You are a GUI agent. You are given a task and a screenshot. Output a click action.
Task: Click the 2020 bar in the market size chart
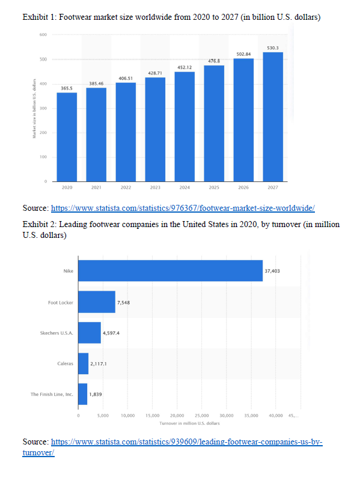coord(67,136)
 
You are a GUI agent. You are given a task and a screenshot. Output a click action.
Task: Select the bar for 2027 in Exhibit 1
coord(273,117)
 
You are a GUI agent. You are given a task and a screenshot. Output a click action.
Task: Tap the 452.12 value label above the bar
coord(185,67)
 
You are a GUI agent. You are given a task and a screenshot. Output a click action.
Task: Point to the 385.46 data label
coord(96,83)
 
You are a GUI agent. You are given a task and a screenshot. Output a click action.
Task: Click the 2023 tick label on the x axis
coord(155,187)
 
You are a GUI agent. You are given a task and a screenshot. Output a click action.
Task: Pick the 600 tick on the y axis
coord(43,35)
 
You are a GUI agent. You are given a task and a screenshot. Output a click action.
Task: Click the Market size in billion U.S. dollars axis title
coord(35,109)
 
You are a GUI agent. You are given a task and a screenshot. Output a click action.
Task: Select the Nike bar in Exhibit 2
coord(170,271)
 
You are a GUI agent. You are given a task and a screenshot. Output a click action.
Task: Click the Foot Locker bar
coord(96,302)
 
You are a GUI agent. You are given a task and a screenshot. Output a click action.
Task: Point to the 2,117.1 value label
coord(99,363)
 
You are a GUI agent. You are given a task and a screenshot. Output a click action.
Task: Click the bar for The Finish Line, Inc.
coord(83,394)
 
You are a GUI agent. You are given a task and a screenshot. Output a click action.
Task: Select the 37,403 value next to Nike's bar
coord(272,271)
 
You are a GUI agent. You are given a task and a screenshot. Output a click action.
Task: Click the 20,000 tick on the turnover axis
coord(177,415)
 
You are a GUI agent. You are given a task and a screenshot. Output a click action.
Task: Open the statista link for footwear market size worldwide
coord(183,208)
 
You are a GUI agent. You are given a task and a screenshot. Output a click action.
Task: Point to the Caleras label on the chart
coord(65,363)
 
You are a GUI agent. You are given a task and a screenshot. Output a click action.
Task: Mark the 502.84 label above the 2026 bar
coord(243,54)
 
